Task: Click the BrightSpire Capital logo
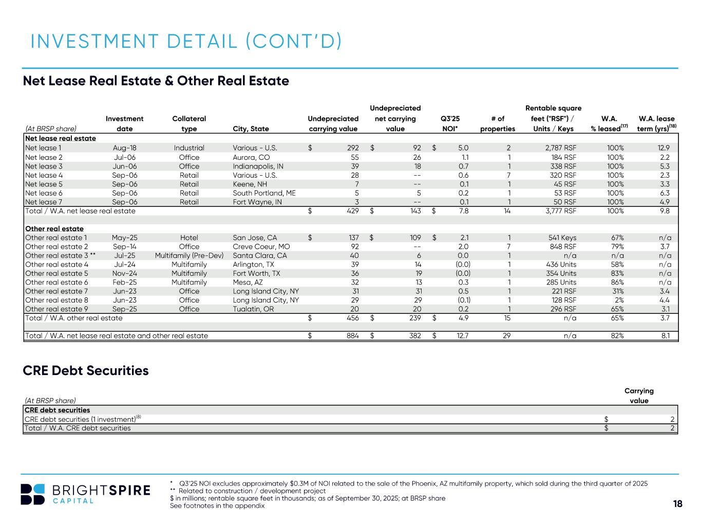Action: pos(85,494)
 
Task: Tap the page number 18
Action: pos(678,504)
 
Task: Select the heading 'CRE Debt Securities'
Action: pos(86,370)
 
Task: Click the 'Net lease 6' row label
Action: pos(44,193)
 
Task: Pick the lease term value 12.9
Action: pos(664,148)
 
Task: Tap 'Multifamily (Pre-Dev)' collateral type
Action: pos(189,255)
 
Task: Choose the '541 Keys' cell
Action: pos(562,237)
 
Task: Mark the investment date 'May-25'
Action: pos(125,237)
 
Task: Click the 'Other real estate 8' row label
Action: pos(57,300)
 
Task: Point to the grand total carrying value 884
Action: pos(352,336)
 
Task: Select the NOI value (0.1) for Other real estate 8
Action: pos(464,300)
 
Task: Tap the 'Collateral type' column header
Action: pos(189,124)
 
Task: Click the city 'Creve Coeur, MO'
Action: pos(261,247)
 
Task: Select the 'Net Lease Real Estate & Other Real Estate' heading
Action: pos(156,81)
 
